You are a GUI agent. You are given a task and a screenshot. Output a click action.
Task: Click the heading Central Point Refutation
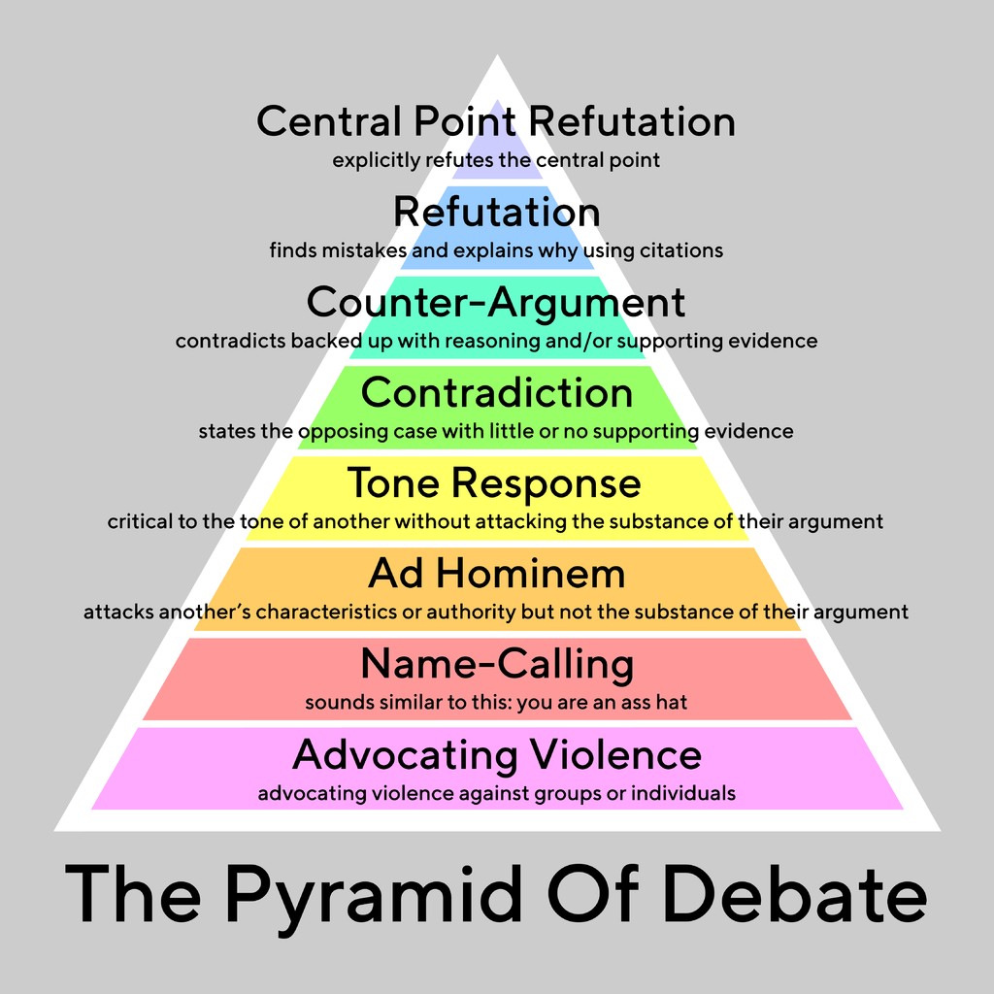click(x=496, y=122)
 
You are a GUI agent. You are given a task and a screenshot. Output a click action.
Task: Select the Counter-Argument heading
click(x=496, y=303)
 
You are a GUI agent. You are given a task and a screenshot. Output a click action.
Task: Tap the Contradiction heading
click(x=496, y=393)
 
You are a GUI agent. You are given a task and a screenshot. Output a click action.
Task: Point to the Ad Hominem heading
click(x=496, y=574)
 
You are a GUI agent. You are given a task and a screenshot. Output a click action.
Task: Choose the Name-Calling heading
click(x=496, y=665)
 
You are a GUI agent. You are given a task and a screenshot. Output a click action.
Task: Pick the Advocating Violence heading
click(x=496, y=754)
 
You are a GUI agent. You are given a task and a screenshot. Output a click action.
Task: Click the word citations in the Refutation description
click(x=680, y=250)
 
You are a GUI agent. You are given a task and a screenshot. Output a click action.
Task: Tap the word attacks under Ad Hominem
click(x=118, y=613)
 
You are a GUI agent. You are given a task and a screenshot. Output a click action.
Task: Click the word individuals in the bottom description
click(x=683, y=793)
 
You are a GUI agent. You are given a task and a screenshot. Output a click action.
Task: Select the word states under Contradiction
click(x=226, y=432)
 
